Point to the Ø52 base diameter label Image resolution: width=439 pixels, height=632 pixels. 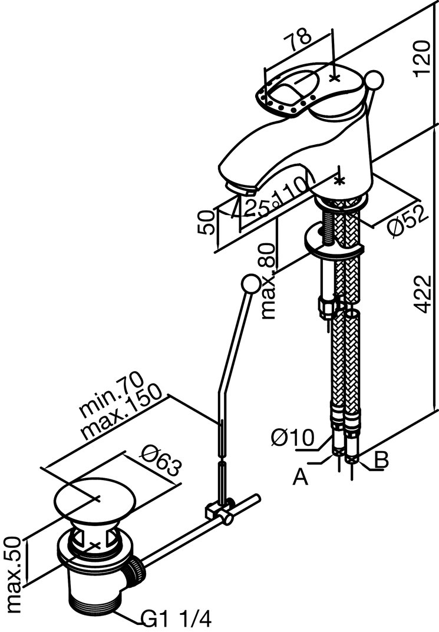tap(408, 221)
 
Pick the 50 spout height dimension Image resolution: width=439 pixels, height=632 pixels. tap(206, 222)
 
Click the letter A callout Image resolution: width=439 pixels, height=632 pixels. tap(301, 478)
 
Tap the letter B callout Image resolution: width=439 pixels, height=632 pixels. tap(381, 460)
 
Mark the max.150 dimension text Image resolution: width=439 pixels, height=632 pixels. tap(121, 412)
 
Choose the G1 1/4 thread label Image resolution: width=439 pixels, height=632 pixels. tap(176, 620)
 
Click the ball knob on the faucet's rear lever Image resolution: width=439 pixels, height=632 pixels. tap(374, 80)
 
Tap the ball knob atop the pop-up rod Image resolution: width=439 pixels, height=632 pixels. tap(251, 284)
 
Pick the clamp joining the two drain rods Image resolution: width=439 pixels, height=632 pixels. tap(220, 510)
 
